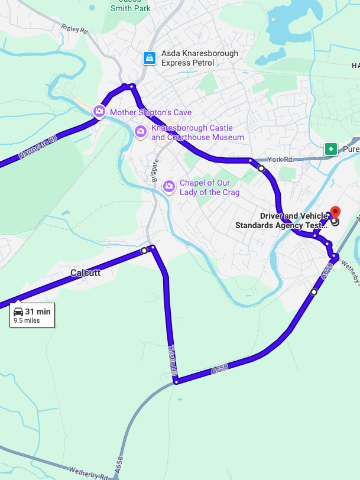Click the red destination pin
(x=335, y=212)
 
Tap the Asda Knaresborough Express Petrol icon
(x=150, y=58)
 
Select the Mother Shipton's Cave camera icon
(x=99, y=111)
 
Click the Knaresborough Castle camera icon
(x=140, y=131)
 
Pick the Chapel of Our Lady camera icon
(x=169, y=187)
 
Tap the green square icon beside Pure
(x=331, y=149)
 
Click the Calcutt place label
(x=85, y=273)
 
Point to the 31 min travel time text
(x=38, y=312)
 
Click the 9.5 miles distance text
(x=27, y=321)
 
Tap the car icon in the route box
(x=18, y=312)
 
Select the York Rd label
(x=280, y=160)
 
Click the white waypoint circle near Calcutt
(x=144, y=251)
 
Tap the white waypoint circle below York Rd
(x=261, y=168)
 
